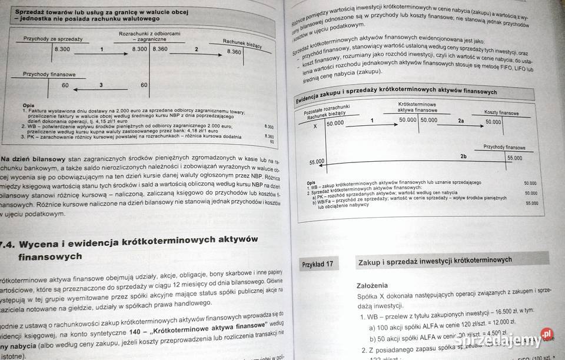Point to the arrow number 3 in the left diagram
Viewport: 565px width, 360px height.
pos(101,85)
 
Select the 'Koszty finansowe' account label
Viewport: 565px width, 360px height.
pos(501,112)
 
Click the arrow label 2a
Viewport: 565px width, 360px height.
pos(461,121)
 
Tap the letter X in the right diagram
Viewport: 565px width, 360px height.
pos(315,126)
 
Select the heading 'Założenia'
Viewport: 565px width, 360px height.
pos(372,285)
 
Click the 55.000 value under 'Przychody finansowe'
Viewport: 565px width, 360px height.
pos(514,158)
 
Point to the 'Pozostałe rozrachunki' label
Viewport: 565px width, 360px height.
pos(327,111)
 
